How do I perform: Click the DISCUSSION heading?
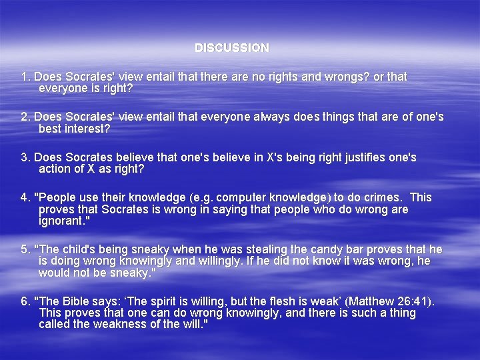tap(232, 48)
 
